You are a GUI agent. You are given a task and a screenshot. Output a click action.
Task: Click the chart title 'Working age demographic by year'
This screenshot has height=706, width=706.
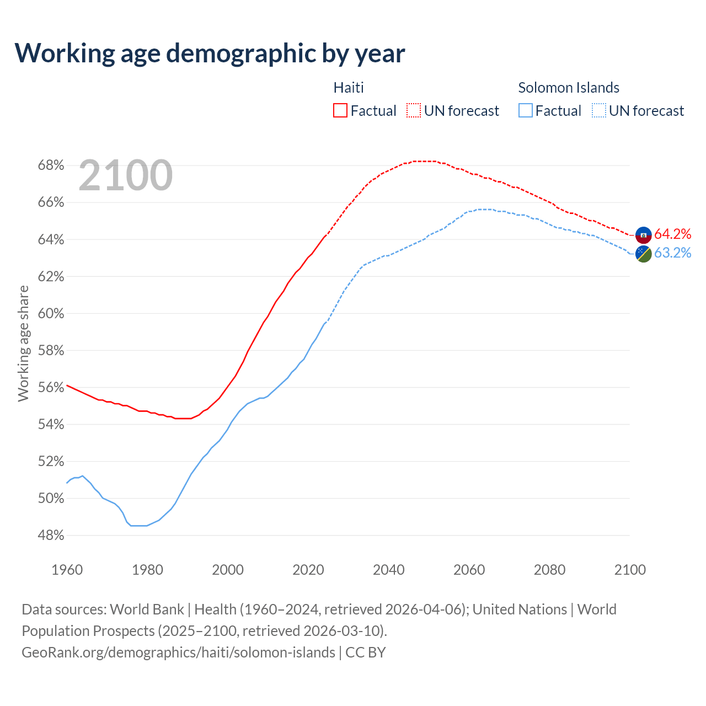coord(210,53)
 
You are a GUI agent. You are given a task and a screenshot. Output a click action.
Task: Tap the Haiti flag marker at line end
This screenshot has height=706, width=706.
coord(644,235)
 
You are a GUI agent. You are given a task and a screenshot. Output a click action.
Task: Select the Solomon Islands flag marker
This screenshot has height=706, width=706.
coord(644,254)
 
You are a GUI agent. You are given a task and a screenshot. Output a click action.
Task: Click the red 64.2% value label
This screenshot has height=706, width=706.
coord(672,234)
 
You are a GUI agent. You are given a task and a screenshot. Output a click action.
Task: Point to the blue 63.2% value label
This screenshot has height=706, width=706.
coord(672,253)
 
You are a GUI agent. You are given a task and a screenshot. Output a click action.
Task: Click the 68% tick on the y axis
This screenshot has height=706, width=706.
coord(51,165)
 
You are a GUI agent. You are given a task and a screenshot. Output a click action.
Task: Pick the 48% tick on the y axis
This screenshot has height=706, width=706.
coord(51,536)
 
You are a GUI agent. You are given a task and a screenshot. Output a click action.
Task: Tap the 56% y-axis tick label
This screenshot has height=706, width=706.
coord(51,388)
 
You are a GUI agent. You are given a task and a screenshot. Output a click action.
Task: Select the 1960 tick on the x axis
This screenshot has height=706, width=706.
coord(67,570)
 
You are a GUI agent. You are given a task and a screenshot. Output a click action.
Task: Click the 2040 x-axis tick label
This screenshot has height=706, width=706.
coord(389,570)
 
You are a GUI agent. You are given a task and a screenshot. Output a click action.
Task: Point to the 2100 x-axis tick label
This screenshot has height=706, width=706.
coord(630,570)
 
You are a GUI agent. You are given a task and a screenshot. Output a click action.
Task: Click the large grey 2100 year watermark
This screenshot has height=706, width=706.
coord(126,175)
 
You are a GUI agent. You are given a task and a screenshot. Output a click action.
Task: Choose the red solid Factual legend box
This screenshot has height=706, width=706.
coord(340,111)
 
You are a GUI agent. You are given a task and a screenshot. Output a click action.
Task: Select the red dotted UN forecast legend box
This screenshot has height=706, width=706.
coord(414,111)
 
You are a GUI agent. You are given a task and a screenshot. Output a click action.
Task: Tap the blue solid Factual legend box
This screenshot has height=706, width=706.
coord(526,111)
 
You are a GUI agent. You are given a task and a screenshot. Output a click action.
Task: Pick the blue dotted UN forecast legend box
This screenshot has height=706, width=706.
coord(599,111)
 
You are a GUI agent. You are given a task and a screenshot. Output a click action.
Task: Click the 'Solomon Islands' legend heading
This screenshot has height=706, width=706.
coord(569,88)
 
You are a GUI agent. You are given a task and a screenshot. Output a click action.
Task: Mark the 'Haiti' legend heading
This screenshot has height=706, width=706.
coord(349,88)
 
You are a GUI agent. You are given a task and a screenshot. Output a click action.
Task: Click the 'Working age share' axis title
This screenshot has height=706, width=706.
coord(23,343)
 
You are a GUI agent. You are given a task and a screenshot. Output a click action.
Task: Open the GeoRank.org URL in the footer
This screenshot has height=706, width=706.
coord(178,652)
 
